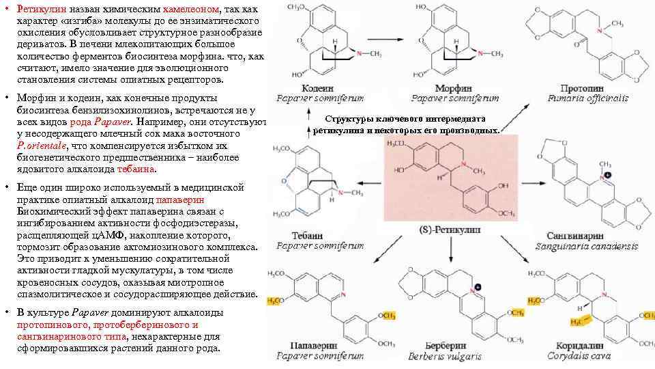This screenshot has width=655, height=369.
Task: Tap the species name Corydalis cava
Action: pos(578,355)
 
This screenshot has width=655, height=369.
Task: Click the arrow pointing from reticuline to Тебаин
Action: pos(368,181)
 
